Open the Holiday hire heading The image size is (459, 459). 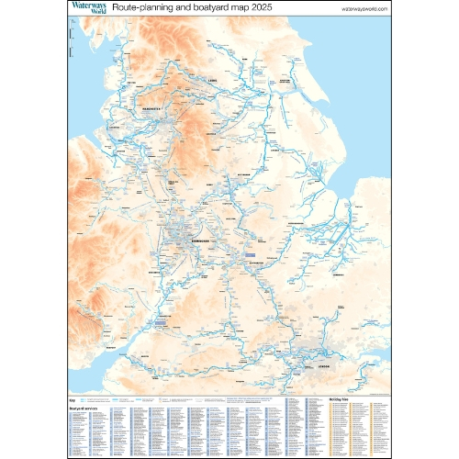[339, 400]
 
